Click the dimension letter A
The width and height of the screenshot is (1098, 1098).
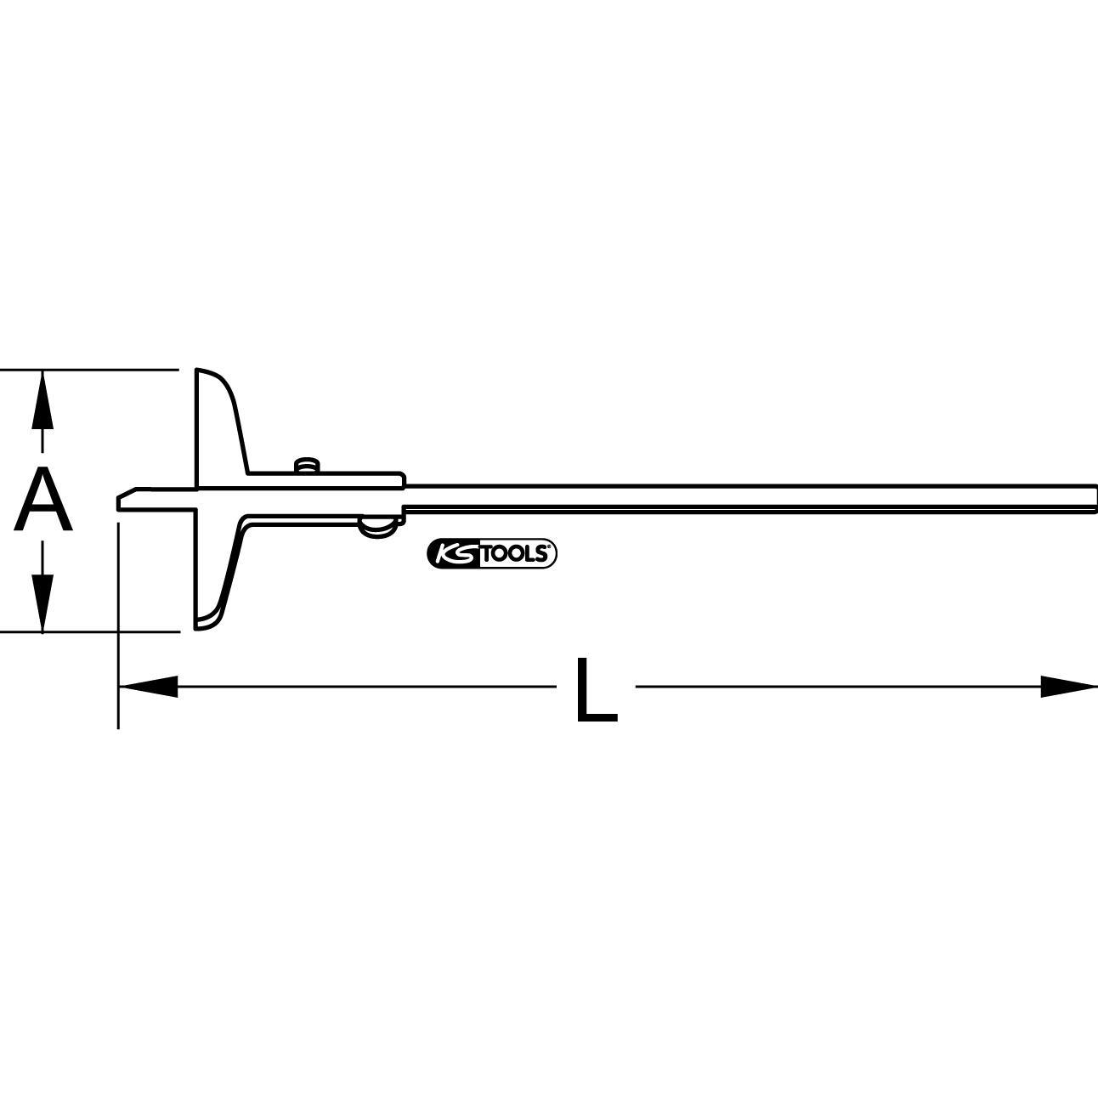coord(42,501)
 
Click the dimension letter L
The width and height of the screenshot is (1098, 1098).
coord(595,689)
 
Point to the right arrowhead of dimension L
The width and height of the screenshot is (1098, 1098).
coord(1069,686)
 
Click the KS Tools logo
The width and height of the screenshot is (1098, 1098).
coord(491,554)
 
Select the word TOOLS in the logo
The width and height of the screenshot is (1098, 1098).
coord(518,554)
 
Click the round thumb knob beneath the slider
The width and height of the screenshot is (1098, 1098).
coord(376,529)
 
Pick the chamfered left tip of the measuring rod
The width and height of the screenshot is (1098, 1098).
coord(126,500)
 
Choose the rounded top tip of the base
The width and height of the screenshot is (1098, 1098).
coord(202,372)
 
